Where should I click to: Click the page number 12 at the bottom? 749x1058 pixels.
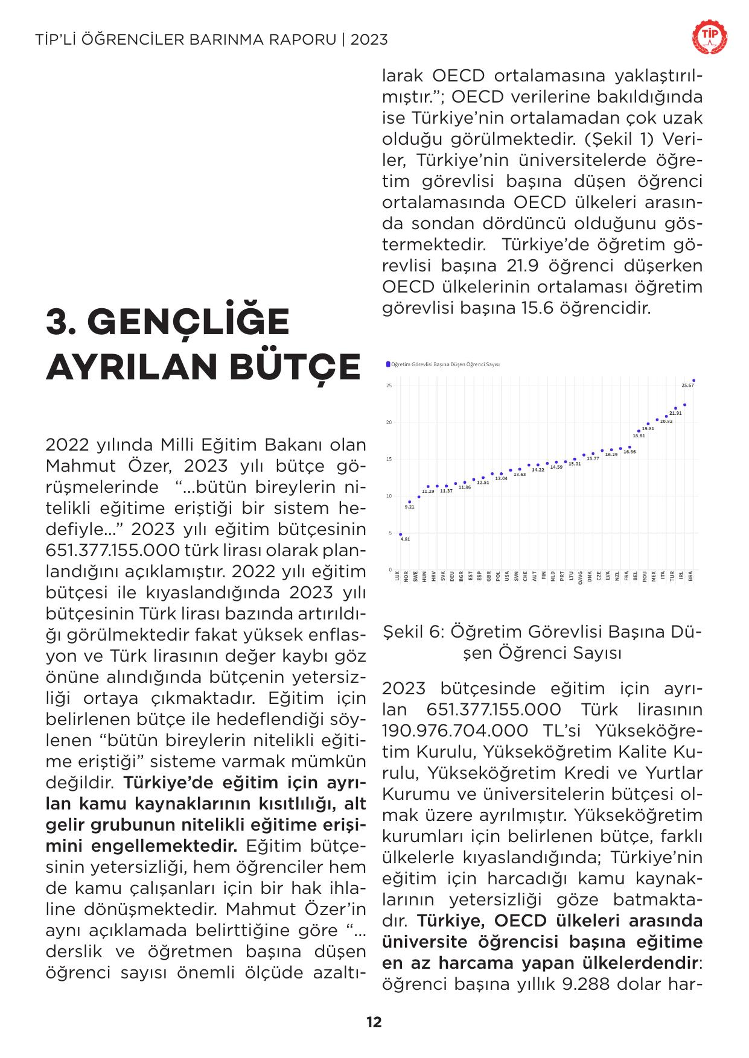click(x=374, y=1022)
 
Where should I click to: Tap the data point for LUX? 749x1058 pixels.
click(x=400, y=534)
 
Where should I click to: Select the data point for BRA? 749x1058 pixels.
click(x=694, y=381)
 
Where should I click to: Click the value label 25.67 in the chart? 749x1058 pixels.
click(x=687, y=385)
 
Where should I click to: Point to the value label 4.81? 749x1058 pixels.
click(x=406, y=539)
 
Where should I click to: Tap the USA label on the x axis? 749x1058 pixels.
click(x=507, y=576)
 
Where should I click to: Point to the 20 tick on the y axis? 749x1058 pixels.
click(x=390, y=422)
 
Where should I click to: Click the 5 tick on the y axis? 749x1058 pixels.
click(x=390, y=533)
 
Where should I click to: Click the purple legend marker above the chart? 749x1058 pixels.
click(x=387, y=364)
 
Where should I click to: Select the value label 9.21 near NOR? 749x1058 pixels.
click(x=410, y=507)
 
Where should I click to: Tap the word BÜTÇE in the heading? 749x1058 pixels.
click(x=296, y=367)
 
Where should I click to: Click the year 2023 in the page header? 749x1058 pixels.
click(x=369, y=40)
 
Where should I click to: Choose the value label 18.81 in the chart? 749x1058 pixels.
click(x=639, y=436)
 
